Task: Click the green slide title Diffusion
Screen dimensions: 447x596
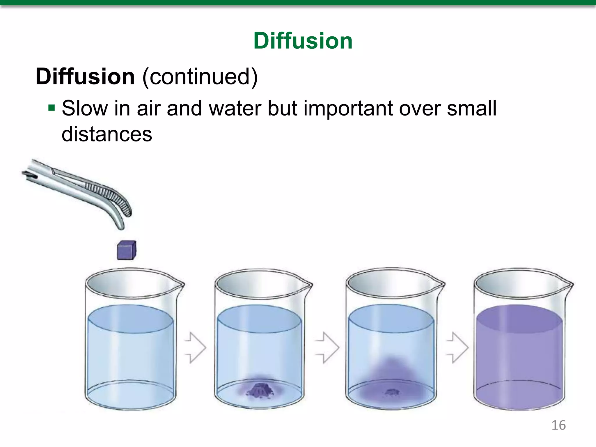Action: pyautogui.click(x=303, y=41)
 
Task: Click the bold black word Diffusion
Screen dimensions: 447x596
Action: pyautogui.click(x=85, y=77)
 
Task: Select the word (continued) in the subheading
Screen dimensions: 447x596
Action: pyautogui.click(x=200, y=77)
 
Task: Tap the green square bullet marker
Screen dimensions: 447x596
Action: pyautogui.click(x=52, y=108)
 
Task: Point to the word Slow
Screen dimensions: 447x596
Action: pyautogui.click(x=84, y=108)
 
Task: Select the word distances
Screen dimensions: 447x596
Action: pyautogui.click(x=107, y=134)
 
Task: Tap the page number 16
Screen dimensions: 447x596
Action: pyautogui.click(x=558, y=425)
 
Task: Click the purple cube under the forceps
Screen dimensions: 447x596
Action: pyautogui.click(x=127, y=250)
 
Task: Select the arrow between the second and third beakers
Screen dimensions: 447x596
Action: pyautogui.click(x=327, y=347)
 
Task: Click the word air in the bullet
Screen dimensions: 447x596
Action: pyautogui.click(x=148, y=108)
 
